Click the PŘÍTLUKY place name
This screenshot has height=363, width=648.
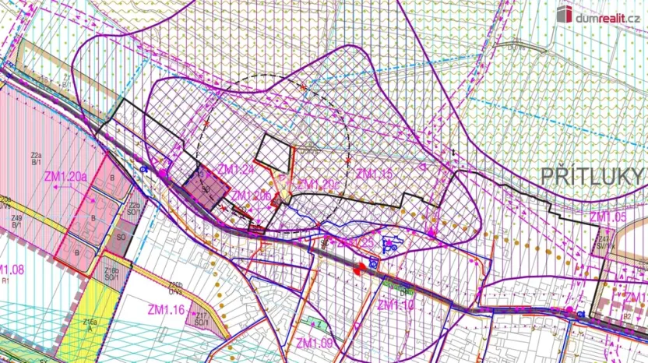click(594, 175)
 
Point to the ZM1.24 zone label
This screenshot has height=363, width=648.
click(237, 170)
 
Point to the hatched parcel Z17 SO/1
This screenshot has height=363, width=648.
click(201, 318)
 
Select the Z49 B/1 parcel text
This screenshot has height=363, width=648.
click(16, 221)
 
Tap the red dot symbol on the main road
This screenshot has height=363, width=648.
click(359, 271)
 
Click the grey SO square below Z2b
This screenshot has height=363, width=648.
click(121, 235)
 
